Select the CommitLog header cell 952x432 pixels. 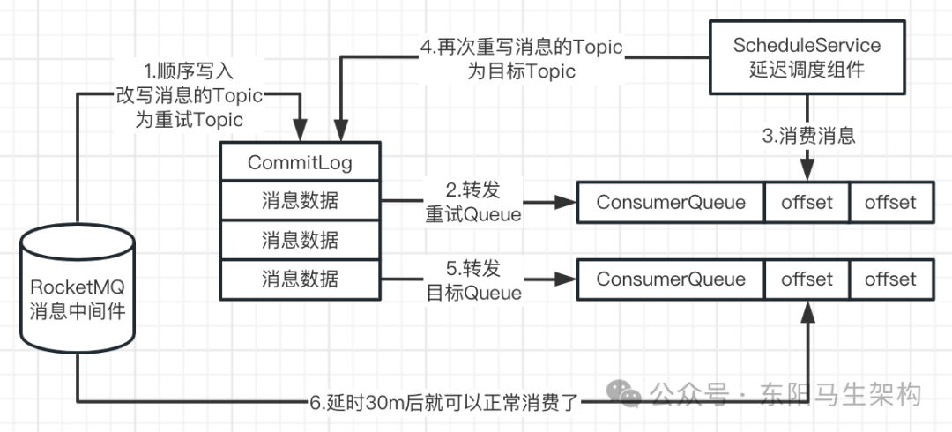(x=300, y=163)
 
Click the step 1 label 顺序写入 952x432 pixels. (x=189, y=70)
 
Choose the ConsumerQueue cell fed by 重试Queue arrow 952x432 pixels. (x=670, y=202)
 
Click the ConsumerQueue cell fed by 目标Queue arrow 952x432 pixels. (x=670, y=279)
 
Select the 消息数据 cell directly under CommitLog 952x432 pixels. (x=300, y=202)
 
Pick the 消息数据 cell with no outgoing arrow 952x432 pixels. (x=300, y=241)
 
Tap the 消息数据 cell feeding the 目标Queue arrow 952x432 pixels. (x=300, y=279)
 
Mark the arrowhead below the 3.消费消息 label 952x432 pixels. (x=807, y=173)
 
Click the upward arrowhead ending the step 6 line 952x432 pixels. (x=807, y=306)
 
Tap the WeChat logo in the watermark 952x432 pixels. (x=628, y=393)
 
